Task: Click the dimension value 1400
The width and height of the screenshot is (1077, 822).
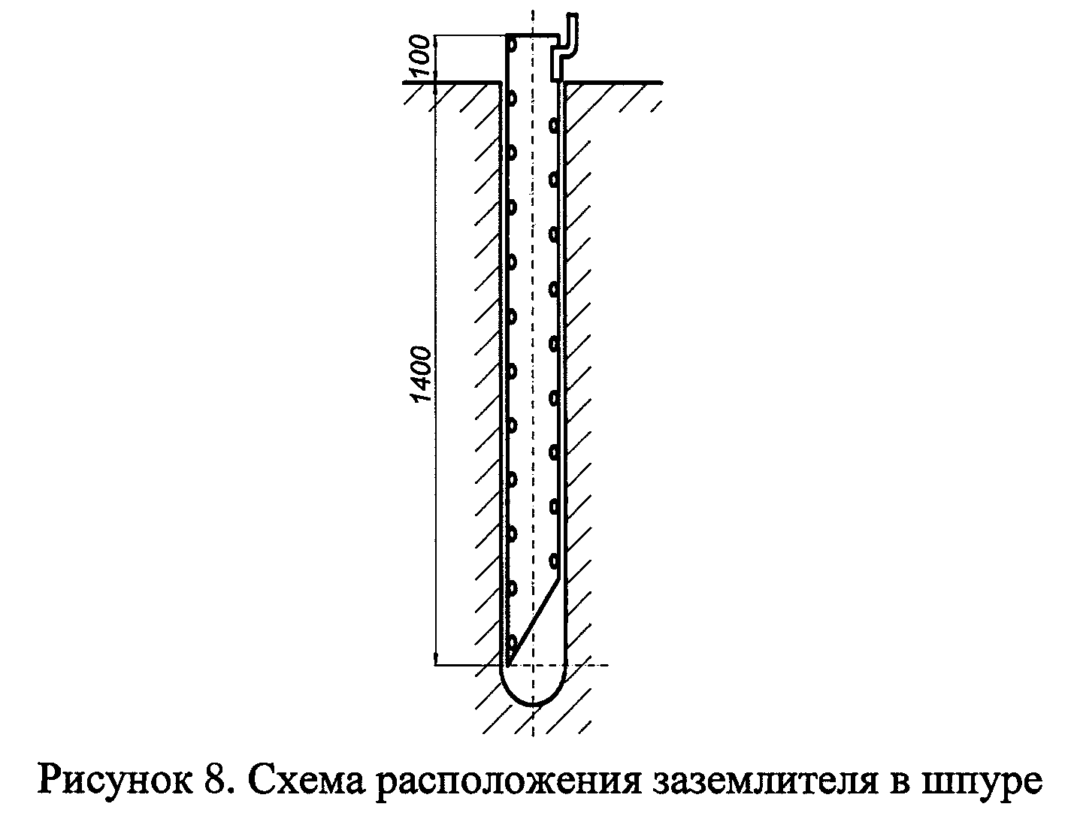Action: pos(422,374)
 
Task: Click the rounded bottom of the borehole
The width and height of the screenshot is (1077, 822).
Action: pos(533,686)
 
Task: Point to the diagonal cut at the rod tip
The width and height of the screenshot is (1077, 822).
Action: pos(534,624)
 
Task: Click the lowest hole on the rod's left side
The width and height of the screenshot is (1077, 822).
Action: pos(511,643)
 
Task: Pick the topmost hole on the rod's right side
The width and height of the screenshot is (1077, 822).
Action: pos(554,125)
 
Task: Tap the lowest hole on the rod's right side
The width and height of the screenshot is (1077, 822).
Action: pos(554,561)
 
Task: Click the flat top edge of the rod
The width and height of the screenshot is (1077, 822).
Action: pos(533,35)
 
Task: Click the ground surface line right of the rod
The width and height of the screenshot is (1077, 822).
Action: pos(613,83)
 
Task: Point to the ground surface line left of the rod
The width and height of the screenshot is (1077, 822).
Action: pos(452,83)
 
